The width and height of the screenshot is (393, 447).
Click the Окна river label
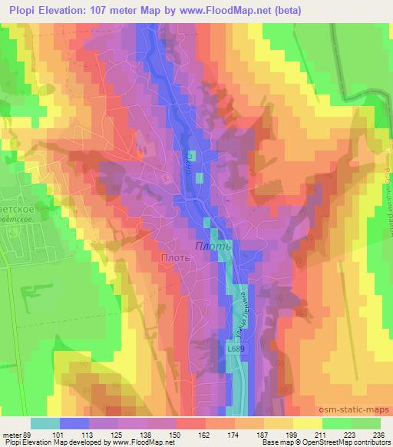coord(187,163)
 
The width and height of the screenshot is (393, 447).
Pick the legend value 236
coord(376,435)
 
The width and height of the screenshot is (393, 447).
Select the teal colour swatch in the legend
coord(45,423)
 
